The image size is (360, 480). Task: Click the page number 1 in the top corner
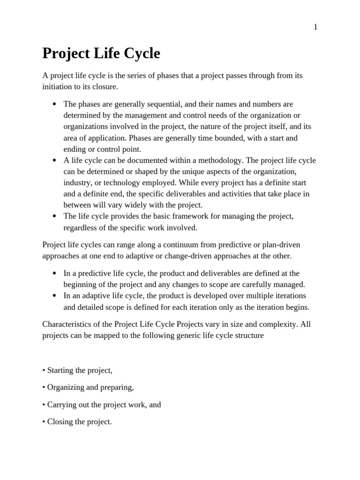(x=315, y=27)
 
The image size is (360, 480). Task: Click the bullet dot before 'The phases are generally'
(x=55, y=104)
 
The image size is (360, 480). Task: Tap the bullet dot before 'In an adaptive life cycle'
(x=55, y=296)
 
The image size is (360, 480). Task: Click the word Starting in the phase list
(x=61, y=370)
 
